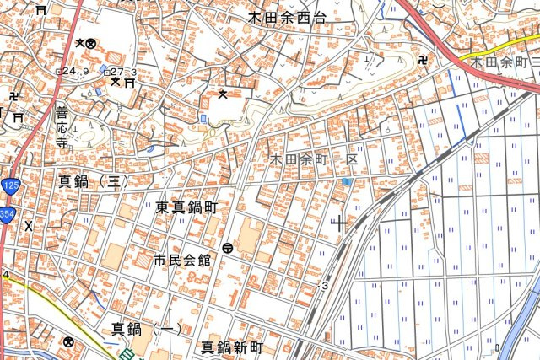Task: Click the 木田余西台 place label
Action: (287, 16)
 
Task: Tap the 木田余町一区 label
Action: (315, 159)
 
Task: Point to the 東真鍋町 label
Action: (186, 207)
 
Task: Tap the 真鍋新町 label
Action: (233, 347)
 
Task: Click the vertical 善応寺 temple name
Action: (62, 126)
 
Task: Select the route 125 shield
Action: (9, 185)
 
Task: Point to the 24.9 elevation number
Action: (75, 71)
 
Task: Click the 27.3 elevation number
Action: (122, 73)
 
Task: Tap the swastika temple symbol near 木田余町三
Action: (424, 60)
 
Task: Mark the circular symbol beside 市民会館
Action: (229, 248)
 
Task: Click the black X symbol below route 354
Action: (29, 226)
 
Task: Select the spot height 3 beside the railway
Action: (324, 286)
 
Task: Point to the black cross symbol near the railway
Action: (340, 223)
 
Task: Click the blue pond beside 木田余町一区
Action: (347, 180)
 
